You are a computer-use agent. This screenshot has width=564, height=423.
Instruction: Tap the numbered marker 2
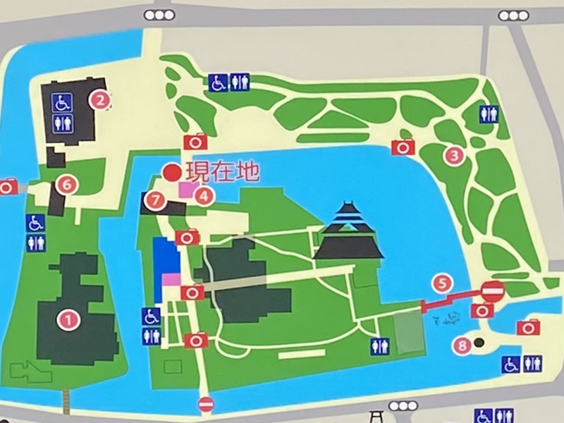pos(102,100)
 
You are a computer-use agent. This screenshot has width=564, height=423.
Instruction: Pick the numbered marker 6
pos(67,185)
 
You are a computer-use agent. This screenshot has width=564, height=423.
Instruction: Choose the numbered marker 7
pos(154,200)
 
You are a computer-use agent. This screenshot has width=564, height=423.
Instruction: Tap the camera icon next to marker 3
pos(403,147)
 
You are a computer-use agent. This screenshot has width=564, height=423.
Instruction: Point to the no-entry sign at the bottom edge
pos(206,404)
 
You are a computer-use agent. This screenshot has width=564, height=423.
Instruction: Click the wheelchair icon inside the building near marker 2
pos(63,102)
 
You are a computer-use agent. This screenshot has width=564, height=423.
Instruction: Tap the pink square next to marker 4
pos(186,189)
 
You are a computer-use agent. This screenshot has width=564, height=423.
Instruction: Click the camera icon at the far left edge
pos(8,187)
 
